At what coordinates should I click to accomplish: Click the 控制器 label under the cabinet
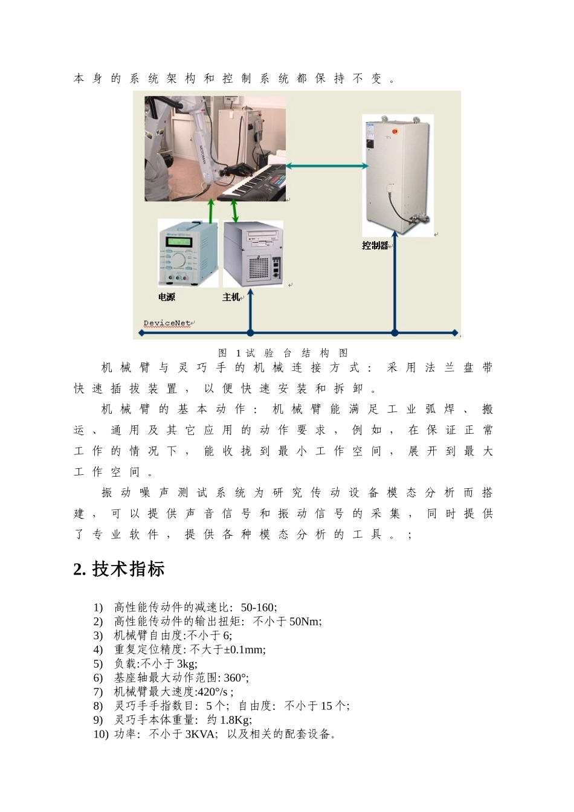pos(375,245)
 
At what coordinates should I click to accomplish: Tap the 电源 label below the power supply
pos(167,297)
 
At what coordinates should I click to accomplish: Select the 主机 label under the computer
pos(231,297)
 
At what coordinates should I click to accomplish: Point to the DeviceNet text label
pos(167,323)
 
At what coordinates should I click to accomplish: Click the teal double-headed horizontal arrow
pos(327,166)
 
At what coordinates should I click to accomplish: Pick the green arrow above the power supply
pos(211,211)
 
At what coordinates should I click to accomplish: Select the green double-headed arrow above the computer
pos(234,211)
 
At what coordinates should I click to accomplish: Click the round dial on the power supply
pos(178,260)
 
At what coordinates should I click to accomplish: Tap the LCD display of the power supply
pos(178,242)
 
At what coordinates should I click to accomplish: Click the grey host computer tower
pos(253,254)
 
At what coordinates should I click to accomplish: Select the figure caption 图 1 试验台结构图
pos(283,353)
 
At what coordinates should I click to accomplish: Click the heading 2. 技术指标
pos(119,569)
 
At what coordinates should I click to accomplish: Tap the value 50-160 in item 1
pos(259,607)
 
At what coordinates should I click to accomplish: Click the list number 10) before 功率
pos(101,735)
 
